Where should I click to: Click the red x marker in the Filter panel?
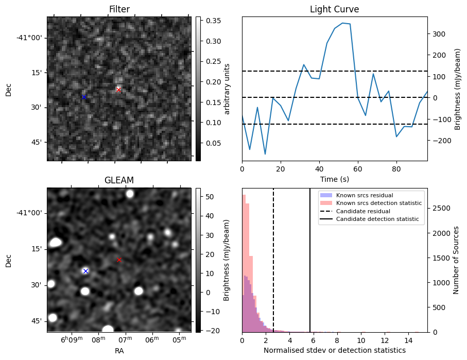tap(118, 90)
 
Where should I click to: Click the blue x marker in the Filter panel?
tap(84, 97)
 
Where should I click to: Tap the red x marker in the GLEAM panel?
tap(119, 260)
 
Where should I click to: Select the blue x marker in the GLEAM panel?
tap(85, 271)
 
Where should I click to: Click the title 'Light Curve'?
tap(334, 9)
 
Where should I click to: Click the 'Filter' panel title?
tap(119, 9)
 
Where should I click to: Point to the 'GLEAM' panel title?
tap(119, 180)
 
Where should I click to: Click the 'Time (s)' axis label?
tap(334, 180)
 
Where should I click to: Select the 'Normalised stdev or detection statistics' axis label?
tap(334, 350)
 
